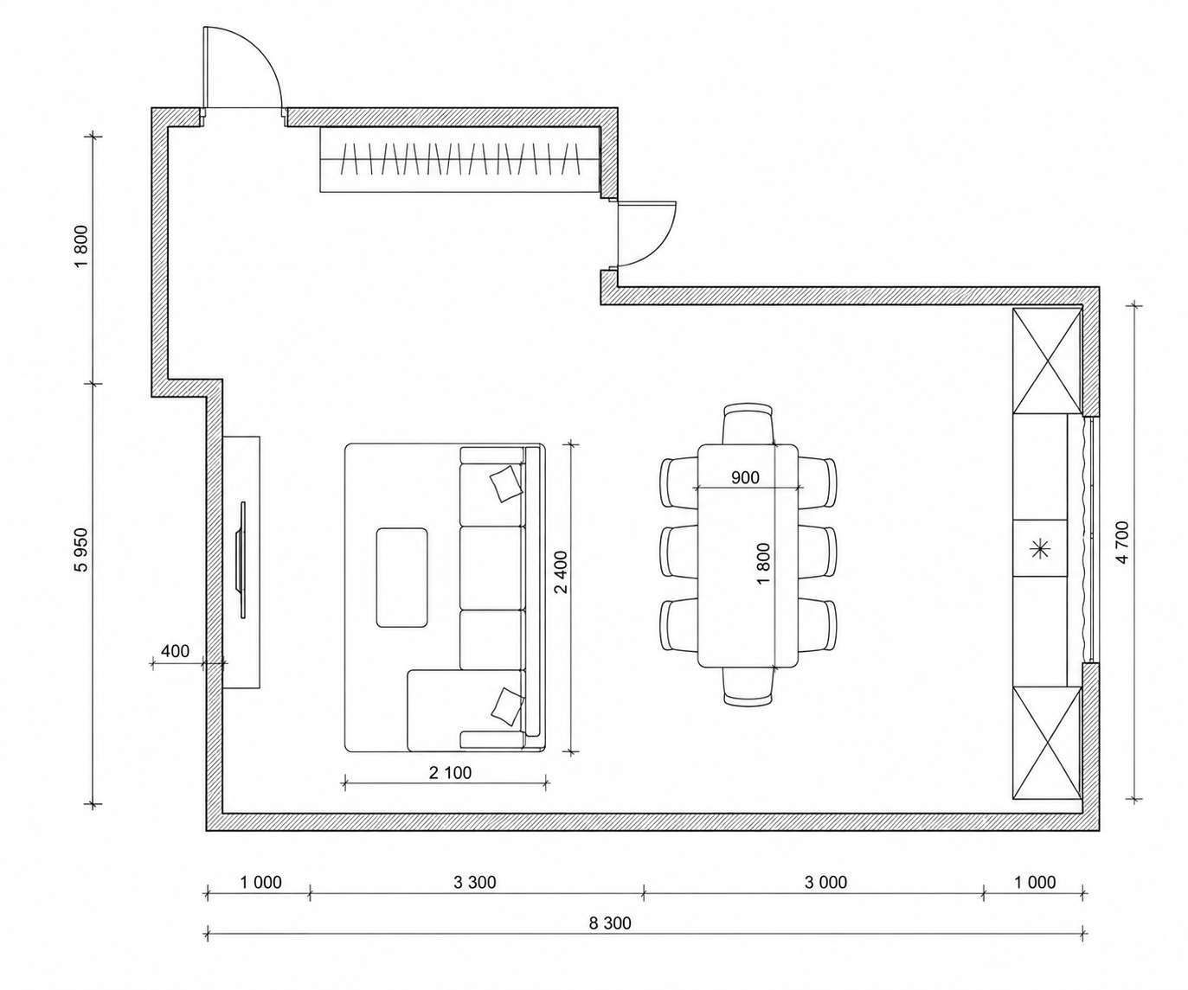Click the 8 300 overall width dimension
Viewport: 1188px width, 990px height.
(x=610, y=923)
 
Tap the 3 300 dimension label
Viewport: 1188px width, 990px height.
(x=474, y=882)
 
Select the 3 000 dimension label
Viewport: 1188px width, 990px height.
(x=825, y=882)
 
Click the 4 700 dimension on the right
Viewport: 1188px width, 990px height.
(x=1122, y=542)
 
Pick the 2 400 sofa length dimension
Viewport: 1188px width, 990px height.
(x=561, y=572)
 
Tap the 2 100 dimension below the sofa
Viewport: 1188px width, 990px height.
(x=450, y=772)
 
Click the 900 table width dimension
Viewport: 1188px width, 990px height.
(x=745, y=477)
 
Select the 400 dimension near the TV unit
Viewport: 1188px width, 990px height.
(x=175, y=651)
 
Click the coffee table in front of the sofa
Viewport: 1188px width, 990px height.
(x=401, y=578)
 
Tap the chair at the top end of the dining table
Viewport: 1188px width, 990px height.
(x=748, y=425)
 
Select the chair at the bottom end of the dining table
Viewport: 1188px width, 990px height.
(x=748, y=687)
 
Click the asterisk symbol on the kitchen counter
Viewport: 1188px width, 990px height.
(x=1039, y=549)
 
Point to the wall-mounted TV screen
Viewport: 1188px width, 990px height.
(x=242, y=559)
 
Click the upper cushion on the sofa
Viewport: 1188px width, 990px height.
(x=506, y=483)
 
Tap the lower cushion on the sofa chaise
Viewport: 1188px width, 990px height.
(x=507, y=706)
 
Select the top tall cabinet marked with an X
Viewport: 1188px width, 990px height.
(x=1046, y=361)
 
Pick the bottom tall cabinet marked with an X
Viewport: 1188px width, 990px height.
(x=1046, y=743)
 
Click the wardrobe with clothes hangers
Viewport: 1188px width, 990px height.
(x=459, y=160)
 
